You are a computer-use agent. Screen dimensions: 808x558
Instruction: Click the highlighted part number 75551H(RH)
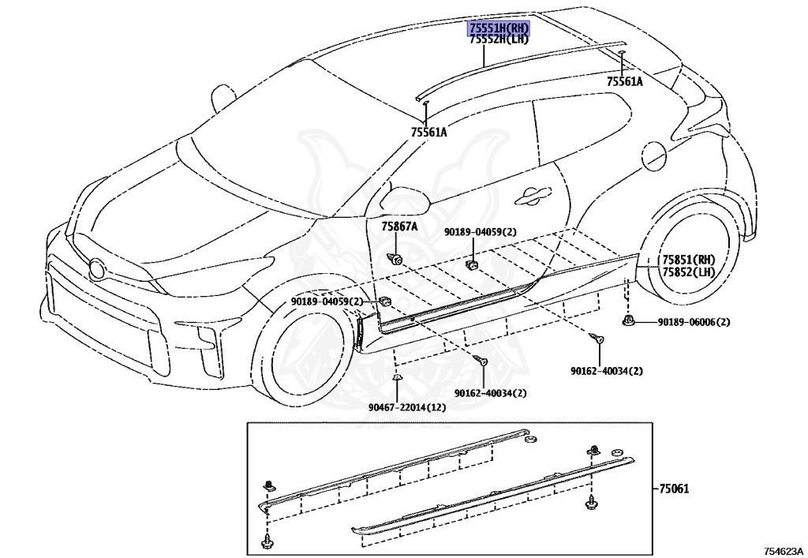499,28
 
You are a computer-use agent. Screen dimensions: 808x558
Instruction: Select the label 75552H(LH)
499,39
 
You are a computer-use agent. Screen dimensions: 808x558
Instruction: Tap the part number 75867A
399,227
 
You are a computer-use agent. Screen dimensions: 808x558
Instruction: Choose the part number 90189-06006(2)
694,323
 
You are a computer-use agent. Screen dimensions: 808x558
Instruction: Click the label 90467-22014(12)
407,407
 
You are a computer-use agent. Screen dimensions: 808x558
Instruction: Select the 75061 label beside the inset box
674,488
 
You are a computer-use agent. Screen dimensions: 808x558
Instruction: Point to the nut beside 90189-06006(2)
627,321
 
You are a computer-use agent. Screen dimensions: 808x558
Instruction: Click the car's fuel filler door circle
655,155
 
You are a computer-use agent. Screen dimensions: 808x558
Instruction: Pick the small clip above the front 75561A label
426,103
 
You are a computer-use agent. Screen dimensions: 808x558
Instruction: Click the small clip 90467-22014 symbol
396,379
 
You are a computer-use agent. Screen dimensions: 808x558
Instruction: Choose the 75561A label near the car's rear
625,81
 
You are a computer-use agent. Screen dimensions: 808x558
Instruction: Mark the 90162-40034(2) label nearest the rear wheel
607,371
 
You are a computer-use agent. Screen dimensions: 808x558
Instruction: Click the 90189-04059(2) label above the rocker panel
481,232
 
